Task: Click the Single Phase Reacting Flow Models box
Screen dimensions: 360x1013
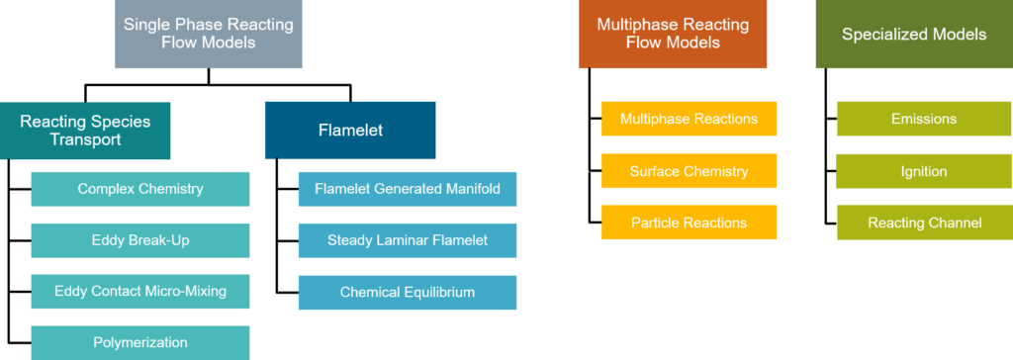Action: pyautogui.click(x=208, y=34)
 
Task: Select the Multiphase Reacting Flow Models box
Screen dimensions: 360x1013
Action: pyautogui.click(x=673, y=34)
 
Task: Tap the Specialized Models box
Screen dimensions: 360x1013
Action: pyautogui.click(x=913, y=34)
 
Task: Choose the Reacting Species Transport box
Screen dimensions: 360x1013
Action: pyautogui.click(x=85, y=131)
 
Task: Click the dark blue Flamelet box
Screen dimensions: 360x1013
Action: pyautogui.click(x=350, y=130)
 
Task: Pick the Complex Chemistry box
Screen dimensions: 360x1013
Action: pyautogui.click(x=140, y=189)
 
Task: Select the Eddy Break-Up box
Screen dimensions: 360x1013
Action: pyautogui.click(x=140, y=240)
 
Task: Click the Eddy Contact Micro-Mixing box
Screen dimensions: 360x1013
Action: pyautogui.click(x=140, y=292)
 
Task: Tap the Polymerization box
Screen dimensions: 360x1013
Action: pyautogui.click(x=140, y=343)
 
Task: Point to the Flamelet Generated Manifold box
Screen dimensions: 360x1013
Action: pyautogui.click(x=408, y=189)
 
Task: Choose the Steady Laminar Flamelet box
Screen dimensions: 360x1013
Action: pyautogui.click(x=408, y=240)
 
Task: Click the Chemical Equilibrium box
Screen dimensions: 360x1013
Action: pyautogui.click(x=408, y=292)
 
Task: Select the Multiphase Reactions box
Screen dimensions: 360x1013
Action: pyautogui.click(x=689, y=119)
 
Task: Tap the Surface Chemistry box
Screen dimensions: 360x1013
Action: pyautogui.click(x=689, y=171)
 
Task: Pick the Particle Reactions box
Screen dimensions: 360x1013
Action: pyautogui.click(x=689, y=223)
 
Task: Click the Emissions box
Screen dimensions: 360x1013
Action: pyautogui.click(x=924, y=119)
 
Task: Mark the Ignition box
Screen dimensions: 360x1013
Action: pyautogui.click(x=924, y=171)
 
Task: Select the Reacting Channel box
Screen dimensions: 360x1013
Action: pyautogui.click(x=924, y=223)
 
